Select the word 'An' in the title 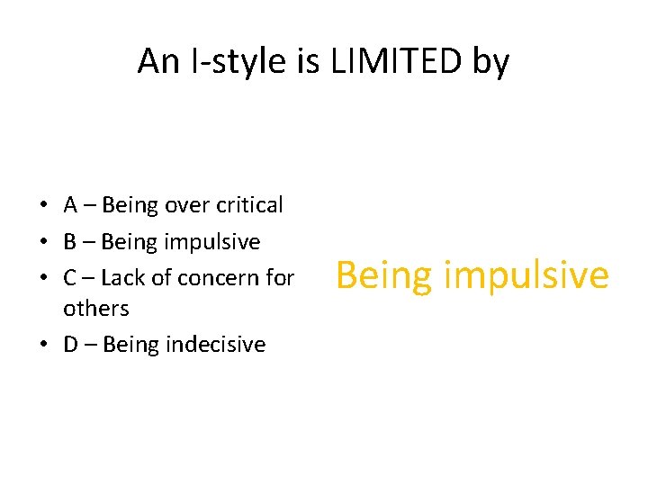[x=157, y=61]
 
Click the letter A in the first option [x=70, y=205]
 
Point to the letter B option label [x=70, y=242]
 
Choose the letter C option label [x=70, y=278]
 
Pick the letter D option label [x=70, y=345]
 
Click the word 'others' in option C [x=95, y=309]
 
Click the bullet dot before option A [x=44, y=206]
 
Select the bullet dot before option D [x=44, y=346]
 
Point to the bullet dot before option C [x=44, y=279]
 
